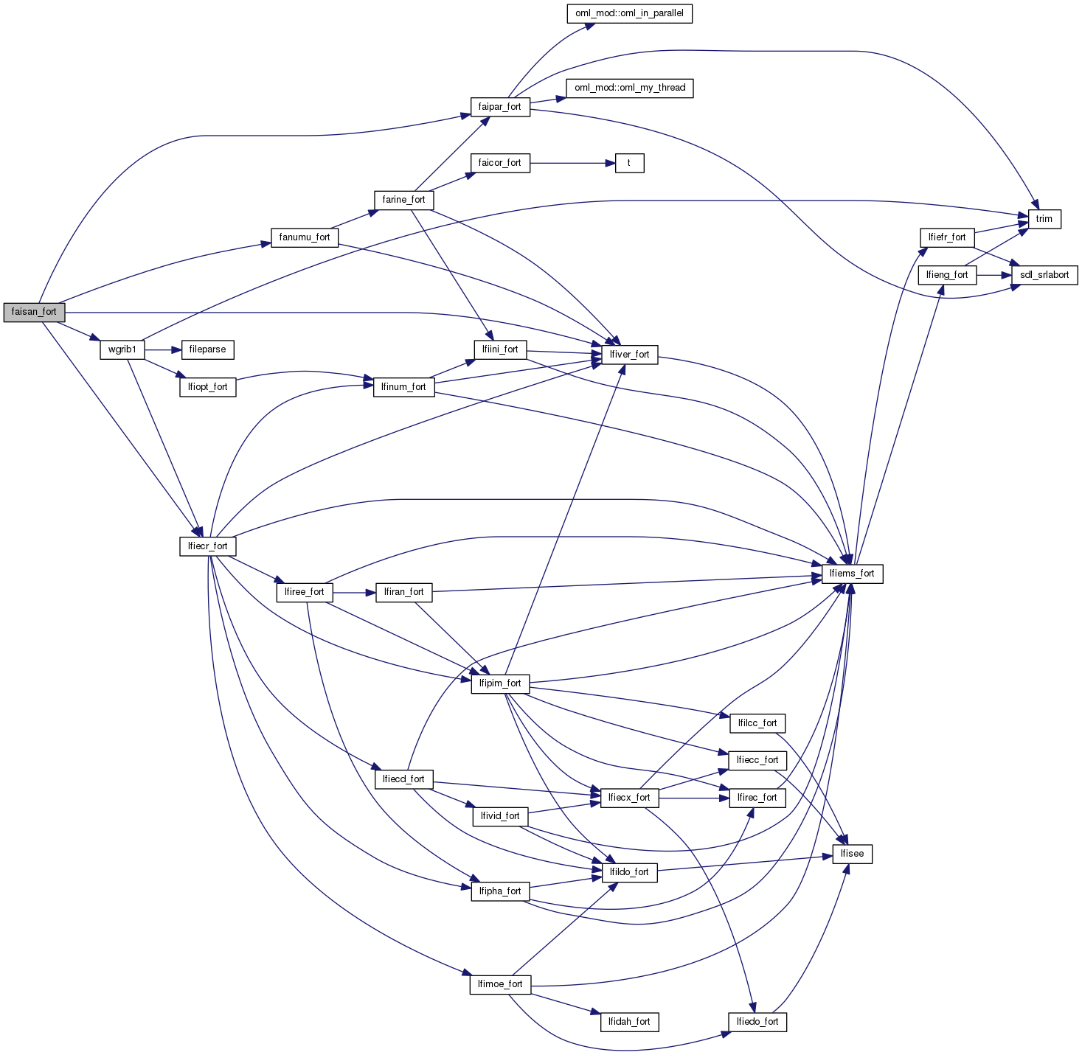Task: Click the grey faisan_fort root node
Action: pyautogui.click(x=34, y=312)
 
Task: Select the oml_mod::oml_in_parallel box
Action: pyautogui.click(x=629, y=13)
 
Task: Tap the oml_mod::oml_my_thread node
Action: pyautogui.click(x=630, y=88)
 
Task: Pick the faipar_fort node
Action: pyautogui.click(x=499, y=107)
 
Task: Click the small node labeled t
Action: pyautogui.click(x=629, y=163)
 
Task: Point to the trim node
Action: pyautogui.click(x=1044, y=219)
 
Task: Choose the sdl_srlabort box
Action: pyautogui.click(x=1044, y=275)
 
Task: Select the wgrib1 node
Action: pyautogui.click(x=122, y=349)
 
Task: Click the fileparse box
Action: pyautogui.click(x=207, y=349)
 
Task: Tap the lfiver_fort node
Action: pyautogui.click(x=629, y=355)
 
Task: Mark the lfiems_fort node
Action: pyautogui.click(x=851, y=574)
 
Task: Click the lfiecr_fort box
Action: pyautogui.click(x=207, y=546)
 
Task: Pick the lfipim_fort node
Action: pyautogui.click(x=499, y=683)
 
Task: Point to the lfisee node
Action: pyautogui.click(x=852, y=854)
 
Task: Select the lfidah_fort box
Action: pyautogui.click(x=629, y=1022)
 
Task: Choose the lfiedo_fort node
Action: pyautogui.click(x=757, y=1022)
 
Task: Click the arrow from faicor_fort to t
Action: pyautogui.click(x=572, y=163)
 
